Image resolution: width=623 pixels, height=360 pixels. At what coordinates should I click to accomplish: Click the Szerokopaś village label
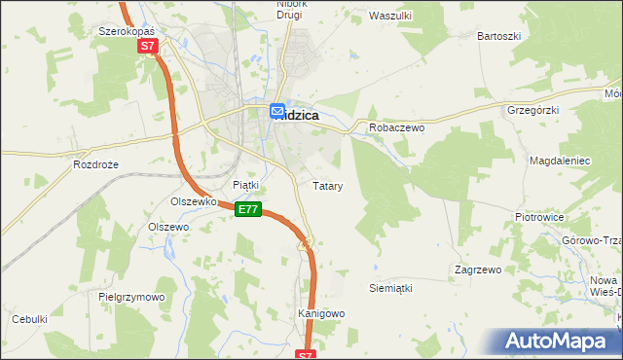point(128,31)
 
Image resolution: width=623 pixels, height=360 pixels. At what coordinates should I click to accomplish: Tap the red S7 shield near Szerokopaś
point(147,46)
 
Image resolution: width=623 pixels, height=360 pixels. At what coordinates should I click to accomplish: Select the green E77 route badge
point(248,209)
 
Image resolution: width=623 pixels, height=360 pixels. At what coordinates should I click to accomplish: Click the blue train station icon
point(277,112)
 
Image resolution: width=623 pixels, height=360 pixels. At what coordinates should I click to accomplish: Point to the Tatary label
point(326,185)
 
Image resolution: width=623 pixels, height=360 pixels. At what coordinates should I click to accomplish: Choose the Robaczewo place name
point(393,127)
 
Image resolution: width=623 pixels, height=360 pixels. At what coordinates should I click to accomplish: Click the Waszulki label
point(392,16)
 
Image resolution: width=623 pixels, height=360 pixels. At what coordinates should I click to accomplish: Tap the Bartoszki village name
point(498,36)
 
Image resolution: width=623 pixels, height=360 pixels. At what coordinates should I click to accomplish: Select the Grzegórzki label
point(532,111)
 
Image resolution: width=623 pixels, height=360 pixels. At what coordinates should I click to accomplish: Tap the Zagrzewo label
point(477,269)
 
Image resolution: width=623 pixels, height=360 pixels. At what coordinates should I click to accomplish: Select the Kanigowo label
point(321,314)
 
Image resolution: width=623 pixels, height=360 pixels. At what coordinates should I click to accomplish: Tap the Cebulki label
point(29,319)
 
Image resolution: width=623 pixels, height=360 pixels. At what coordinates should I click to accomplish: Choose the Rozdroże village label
point(95,164)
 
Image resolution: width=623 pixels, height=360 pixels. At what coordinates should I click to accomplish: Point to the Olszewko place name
point(192,201)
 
